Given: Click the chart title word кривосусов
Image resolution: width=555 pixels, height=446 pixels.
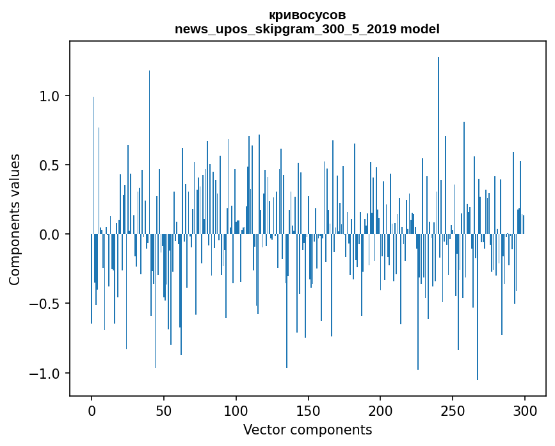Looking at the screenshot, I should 307,15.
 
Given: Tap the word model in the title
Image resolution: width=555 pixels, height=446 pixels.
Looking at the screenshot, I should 419,29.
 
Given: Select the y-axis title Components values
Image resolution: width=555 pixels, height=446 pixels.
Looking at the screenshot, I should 15,219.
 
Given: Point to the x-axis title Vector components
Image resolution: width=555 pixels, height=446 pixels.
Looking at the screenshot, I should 307,429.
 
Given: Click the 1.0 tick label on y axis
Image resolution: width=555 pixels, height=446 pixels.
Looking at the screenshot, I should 49,96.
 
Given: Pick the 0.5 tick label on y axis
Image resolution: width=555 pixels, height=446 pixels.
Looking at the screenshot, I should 49,165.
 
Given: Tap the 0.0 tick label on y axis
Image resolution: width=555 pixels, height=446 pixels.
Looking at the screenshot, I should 49,235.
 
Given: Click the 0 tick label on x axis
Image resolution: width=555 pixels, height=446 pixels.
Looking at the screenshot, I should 92,410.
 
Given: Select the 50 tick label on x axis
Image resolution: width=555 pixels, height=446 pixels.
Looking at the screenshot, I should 164,410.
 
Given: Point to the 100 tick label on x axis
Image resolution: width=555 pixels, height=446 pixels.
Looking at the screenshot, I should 236,410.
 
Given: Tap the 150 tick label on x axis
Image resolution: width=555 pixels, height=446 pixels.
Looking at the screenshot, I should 309,410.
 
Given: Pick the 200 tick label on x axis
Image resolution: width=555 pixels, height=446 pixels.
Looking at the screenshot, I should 380,410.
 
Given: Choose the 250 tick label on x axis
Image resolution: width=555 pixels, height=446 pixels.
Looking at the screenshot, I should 453,410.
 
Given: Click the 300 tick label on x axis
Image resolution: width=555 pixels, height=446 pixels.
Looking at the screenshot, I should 525,410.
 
